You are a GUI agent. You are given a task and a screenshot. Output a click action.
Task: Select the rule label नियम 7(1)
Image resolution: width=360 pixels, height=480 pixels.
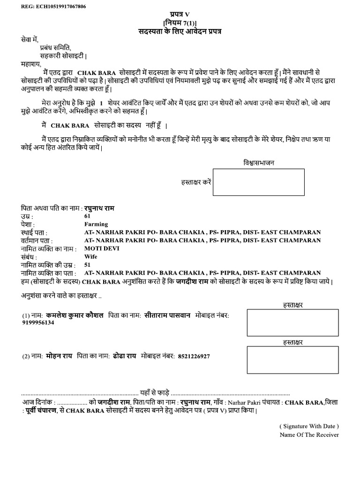pos(180,23)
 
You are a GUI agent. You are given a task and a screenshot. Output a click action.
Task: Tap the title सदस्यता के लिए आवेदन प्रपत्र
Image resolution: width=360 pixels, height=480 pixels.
pos(179,31)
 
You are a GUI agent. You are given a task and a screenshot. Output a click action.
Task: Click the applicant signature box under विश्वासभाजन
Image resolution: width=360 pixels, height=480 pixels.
pos(258,182)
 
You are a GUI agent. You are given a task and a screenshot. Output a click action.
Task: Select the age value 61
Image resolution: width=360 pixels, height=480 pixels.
pos(88,216)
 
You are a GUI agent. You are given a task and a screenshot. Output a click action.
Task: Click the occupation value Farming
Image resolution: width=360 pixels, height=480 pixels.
pos(96,224)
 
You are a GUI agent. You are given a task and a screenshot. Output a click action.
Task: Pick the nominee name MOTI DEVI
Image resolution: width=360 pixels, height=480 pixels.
pos(102,248)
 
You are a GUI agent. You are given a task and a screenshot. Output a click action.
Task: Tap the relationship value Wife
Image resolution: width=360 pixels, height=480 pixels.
pos(90,256)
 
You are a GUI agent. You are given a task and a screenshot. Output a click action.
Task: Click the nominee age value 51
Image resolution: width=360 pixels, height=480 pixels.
pos(88,264)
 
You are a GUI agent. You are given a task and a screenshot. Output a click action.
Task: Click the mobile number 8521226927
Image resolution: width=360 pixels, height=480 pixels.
pos(194,356)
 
